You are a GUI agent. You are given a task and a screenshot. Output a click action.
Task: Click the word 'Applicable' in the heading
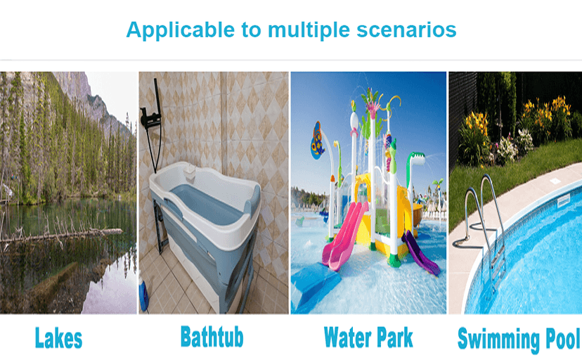tap(181, 30)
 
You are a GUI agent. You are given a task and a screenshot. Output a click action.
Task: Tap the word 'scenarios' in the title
tap(406, 30)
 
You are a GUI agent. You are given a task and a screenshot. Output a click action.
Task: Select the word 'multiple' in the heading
tap(309, 30)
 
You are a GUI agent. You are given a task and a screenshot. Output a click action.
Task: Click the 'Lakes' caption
tap(58, 337)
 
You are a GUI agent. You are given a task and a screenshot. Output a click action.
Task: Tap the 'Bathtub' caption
tap(212, 336)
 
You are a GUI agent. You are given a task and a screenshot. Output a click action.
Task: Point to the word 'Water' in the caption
tap(347, 337)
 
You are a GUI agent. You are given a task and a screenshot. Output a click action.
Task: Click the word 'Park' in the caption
tap(394, 337)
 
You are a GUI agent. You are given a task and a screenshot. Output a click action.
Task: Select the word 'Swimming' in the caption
tap(498, 339)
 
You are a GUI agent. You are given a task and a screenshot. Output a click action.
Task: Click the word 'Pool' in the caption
tap(562, 338)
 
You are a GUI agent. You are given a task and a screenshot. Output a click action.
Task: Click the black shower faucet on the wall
tap(150, 119)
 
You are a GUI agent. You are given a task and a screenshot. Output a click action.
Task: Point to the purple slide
tap(420, 252)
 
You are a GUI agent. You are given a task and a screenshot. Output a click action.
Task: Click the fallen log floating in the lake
tap(61, 235)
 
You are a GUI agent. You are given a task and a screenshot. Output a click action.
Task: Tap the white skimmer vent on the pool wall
tap(564, 201)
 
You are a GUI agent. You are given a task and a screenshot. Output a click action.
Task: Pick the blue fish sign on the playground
tap(316, 141)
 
